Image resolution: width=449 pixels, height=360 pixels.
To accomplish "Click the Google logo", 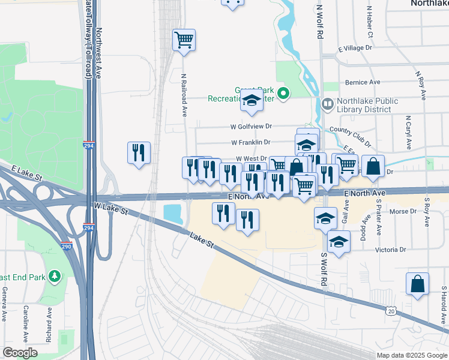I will [20, 353].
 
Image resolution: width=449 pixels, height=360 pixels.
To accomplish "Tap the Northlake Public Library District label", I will [366, 105].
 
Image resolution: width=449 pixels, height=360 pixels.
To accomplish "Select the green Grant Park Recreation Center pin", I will [286, 94].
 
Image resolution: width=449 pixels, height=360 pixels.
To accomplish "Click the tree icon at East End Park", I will [55, 276].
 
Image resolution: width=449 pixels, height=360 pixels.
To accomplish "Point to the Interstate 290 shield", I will [67, 246].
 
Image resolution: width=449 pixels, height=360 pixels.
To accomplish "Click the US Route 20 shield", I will [391, 310].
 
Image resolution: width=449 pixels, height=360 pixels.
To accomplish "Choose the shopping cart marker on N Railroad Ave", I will [184, 40].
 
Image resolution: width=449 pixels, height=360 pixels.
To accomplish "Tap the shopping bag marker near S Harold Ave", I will [417, 284].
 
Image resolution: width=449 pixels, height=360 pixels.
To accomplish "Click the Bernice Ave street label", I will [363, 82].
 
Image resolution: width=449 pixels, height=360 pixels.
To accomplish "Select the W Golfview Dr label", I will [252, 127].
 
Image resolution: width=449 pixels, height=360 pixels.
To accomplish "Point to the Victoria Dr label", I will [390, 249].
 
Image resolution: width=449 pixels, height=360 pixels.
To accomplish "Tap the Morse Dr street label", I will [403, 211].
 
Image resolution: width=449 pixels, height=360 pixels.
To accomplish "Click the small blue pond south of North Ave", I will [173, 212].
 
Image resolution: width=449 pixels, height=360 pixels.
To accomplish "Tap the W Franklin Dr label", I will [250, 142].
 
